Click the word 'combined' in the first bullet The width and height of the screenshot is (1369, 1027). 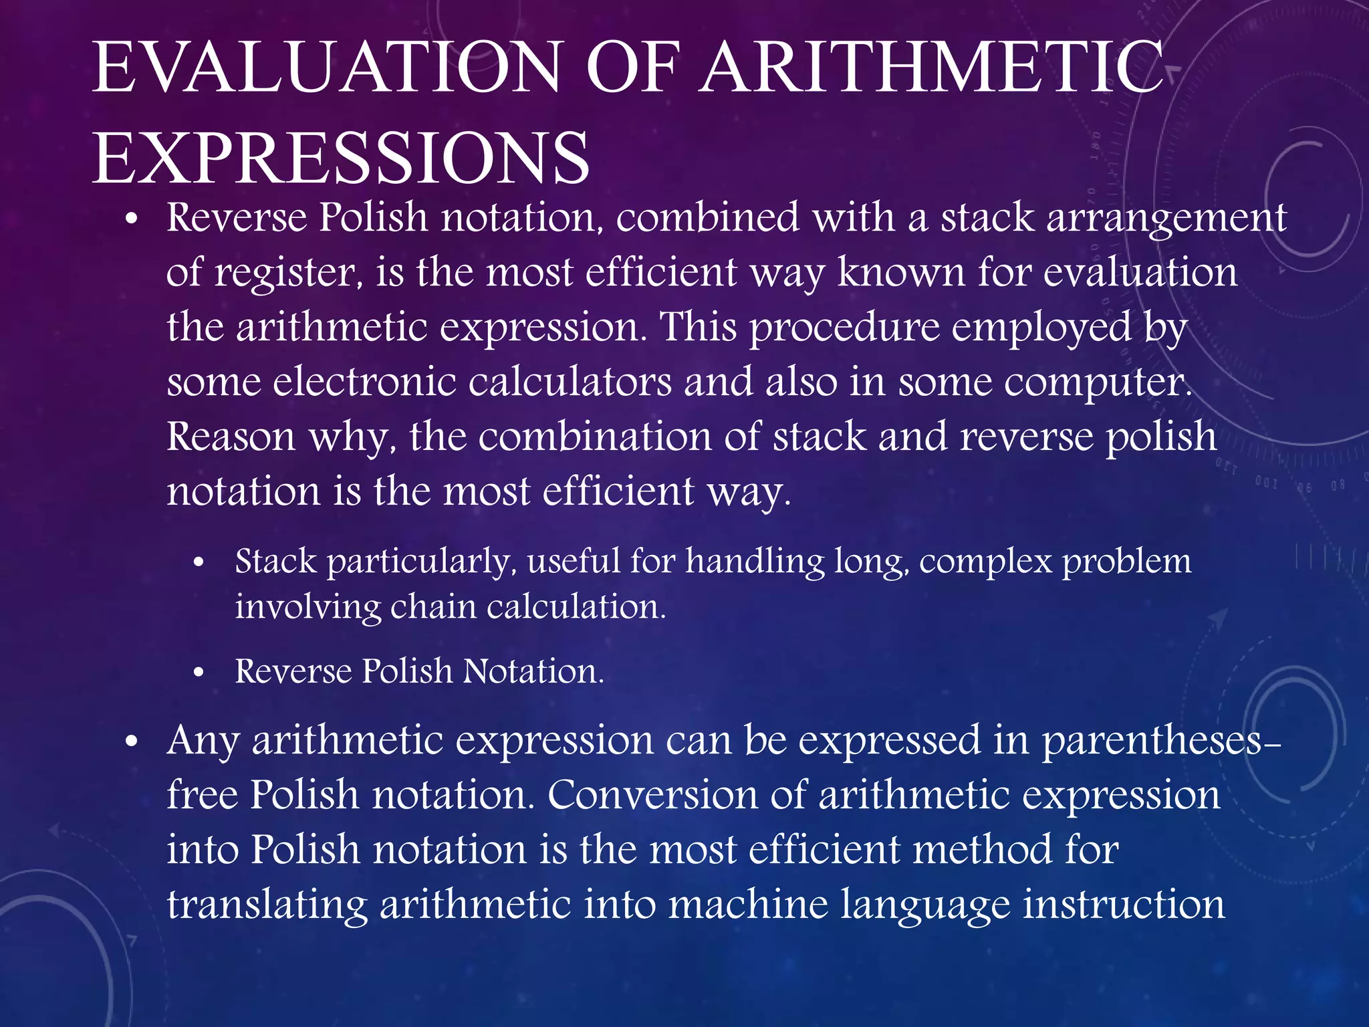point(707,218)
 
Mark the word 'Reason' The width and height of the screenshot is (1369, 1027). point(231,437)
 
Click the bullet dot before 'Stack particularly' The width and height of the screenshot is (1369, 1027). point(198,564)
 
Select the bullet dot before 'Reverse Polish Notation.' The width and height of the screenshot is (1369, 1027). point(198,673)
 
